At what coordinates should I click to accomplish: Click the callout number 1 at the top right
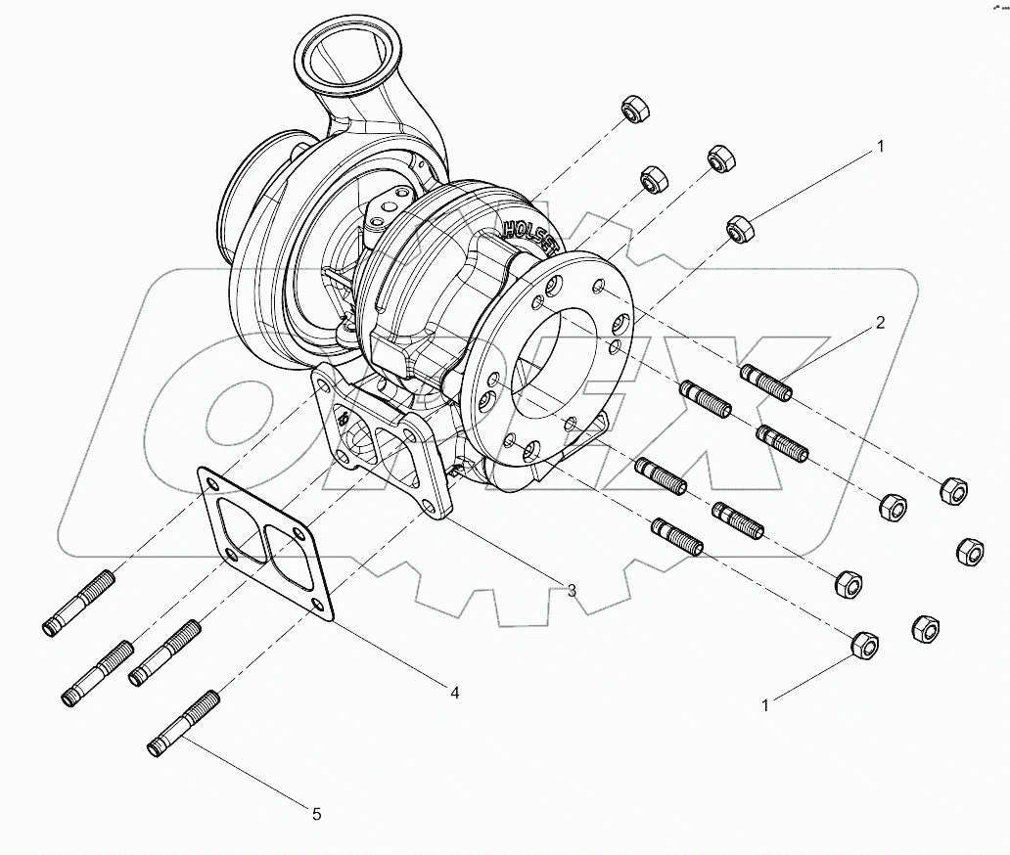pyautogui.click(x=879, y=147)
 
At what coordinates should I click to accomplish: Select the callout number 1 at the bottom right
pyautogui.click(x=767, y=702)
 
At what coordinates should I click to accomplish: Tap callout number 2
pyautogui.click(x=879, y=322)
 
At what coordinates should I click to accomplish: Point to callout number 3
pyautogui.click(x=571, y=589)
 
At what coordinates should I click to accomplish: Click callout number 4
pyautogui.click(x=454, y=692)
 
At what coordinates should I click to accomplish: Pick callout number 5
pyautogui.click(x=315, y=812)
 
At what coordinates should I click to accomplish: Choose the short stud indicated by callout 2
pyautogui.click(x=767, y=382)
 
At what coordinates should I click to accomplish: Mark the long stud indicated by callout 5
pyautogui.click(x=184, y=722)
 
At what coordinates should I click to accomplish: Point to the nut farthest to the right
pyautogui.click(x=968, y=550)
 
